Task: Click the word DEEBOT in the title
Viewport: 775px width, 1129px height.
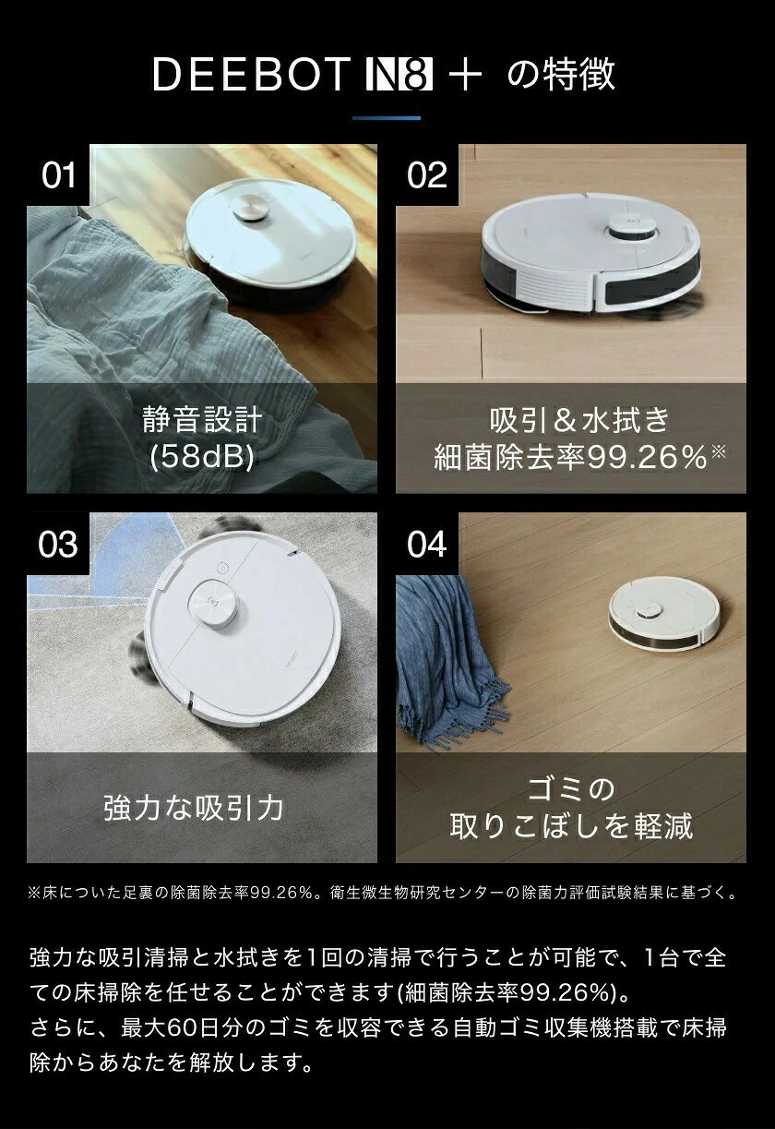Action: [251, 74]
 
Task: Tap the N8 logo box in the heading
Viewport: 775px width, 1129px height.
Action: [399, 74]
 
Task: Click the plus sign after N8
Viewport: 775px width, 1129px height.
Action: [465, 75]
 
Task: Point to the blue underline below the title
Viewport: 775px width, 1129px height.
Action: [387, 118]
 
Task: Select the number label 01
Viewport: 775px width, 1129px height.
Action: [58, 175]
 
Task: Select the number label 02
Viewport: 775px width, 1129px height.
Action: [427, 175]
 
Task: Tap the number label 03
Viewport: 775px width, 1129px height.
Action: [58, 545]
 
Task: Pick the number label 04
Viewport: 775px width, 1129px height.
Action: [427, 545]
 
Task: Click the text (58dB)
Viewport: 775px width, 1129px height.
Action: [201, 457]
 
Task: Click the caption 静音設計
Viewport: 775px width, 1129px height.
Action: [202, 420]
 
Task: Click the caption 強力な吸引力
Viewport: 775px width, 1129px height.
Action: [194, 808]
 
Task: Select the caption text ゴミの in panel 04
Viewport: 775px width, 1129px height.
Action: [571, 789]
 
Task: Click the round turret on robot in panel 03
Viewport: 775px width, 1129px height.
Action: [213, 605]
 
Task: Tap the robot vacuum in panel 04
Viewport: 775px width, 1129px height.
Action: [664, 615]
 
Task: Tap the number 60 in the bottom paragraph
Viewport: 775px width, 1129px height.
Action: [182, 1028]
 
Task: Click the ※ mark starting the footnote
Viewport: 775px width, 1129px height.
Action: [34, 893]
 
